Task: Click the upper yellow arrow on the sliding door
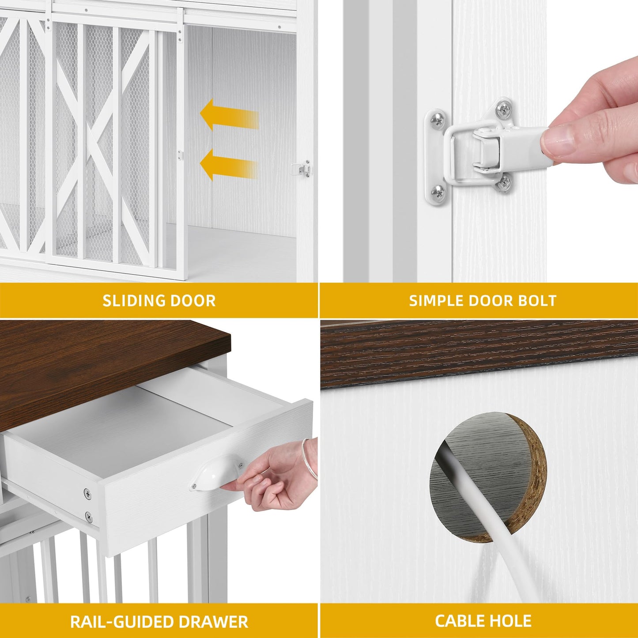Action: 229,115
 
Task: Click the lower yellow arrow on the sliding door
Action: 229,165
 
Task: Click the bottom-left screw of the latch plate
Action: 438,191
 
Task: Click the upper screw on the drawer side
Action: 88,495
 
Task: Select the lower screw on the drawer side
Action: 88,516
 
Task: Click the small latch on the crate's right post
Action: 301,169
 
